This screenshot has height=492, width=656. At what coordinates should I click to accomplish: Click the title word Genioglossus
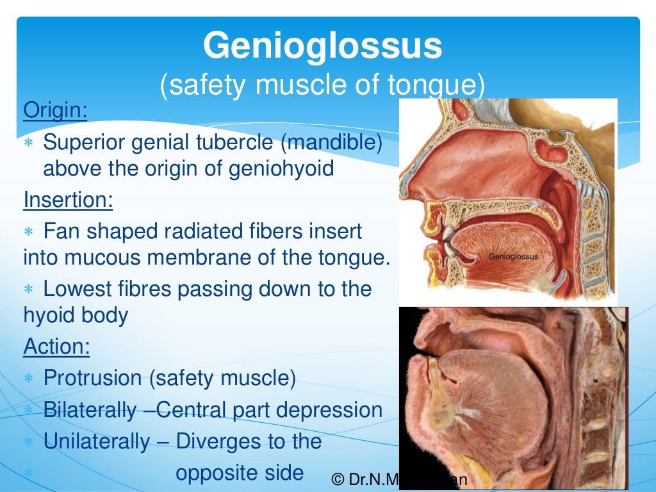[323, 46]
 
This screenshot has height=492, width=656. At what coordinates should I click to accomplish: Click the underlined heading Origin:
[55, 110]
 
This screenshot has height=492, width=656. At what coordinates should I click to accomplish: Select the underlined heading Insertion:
[68, 201]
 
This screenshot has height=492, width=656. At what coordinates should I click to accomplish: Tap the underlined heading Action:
[56, 347]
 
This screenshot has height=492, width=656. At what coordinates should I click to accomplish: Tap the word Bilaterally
[90, 410]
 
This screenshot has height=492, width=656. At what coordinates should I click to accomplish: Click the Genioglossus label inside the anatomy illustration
[513, 256]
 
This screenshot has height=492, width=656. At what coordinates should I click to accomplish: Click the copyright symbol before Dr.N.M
[338, 479]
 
